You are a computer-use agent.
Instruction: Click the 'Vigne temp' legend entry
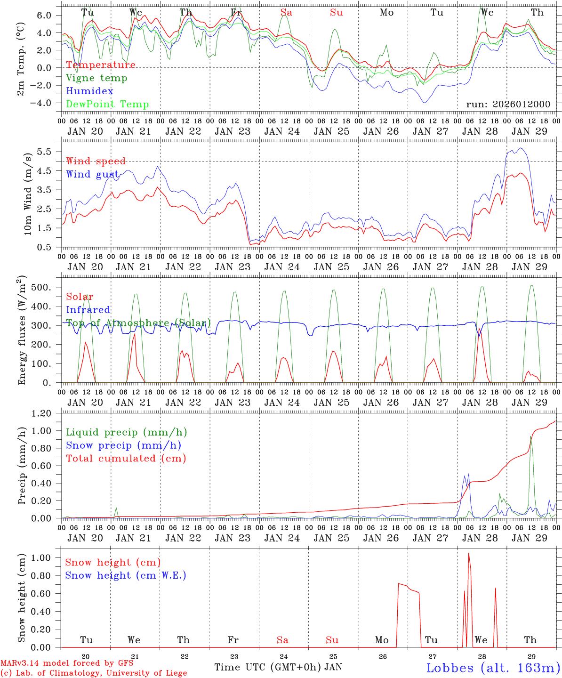pos(96,78)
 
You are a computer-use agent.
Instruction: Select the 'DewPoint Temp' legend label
pos(107,104)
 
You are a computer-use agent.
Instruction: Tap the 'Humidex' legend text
pos(89,91)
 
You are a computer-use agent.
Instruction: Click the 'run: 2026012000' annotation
pos(508,104)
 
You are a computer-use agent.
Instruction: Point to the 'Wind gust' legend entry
pos(92,174)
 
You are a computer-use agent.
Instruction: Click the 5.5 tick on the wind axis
pos(47,152)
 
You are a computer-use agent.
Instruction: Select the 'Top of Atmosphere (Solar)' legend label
pos(138,323)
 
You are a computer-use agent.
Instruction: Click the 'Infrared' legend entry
pos(88,310)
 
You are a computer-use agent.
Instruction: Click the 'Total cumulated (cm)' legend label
pos(126,458)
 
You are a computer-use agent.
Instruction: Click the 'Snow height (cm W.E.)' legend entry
pos(126,575)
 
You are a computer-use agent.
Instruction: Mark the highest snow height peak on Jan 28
pos(468,554)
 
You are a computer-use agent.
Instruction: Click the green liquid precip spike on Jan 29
pos(531,437)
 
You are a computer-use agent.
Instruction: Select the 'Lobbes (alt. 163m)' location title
pos(493,668)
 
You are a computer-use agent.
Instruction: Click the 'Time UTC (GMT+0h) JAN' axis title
pos(278,667)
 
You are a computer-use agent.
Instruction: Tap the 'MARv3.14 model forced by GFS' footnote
pos(67,663)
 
